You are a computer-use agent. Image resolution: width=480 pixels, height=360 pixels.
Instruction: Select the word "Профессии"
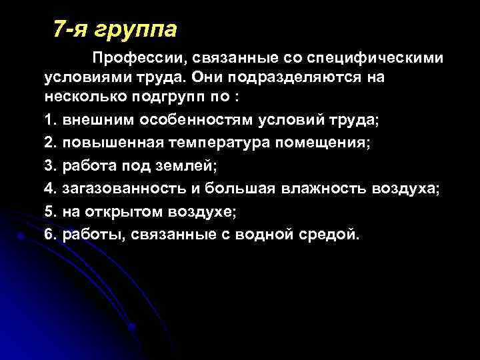click(x=131, y=59)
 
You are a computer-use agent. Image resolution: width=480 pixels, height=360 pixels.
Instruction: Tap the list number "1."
click(x=51, y=121)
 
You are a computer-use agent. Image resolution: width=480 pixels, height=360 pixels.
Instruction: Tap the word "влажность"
click(x=317, y=189)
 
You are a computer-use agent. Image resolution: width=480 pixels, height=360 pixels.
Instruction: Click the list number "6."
click(x=51, y=233)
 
